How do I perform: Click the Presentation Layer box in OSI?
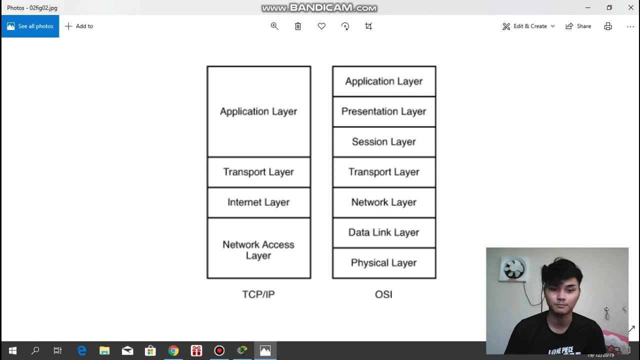(x=384, y=111)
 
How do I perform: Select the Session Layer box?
(x=384, y=142)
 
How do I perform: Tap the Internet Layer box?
(x=258, y=202)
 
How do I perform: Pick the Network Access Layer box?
(x=258, y=248)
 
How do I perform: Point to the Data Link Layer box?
(x=384, y=232)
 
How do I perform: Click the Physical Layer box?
(x=384, y=263)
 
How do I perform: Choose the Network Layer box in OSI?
(x=384, y=202)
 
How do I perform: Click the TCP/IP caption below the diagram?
(x=258, y=294)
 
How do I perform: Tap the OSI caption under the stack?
(x=383, y=294)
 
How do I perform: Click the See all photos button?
(x=30, y=26)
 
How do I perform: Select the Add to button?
(x=79, y=26)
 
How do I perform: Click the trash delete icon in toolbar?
(x=298, y=26)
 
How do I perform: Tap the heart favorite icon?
(x=321, y=26)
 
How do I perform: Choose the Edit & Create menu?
(x=528, y=26)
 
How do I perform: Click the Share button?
(x=578, y=26)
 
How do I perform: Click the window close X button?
(x=630, y=7)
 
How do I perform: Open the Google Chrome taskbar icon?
(x=173, y=350)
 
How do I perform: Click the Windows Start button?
(x=12, y=350)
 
